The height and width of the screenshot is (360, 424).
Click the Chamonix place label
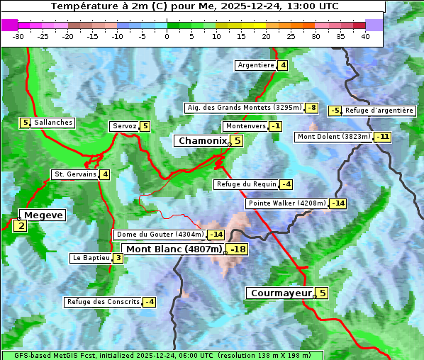tap(201, 141)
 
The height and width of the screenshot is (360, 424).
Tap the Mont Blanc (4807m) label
tap(174, 249)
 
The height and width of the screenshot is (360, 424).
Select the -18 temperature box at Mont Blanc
tap(238, 249)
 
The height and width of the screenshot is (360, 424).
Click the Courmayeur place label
tap(281, 293)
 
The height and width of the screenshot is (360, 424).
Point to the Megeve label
tap(43, 215)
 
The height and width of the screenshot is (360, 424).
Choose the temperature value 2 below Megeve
tap(21, 227)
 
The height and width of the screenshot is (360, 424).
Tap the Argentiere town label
tap(256, 65)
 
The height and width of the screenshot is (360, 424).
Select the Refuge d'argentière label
tap(379, 111)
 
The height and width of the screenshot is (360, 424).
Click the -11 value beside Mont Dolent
tap(383, 137)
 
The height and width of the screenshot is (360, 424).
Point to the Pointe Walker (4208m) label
tap(287, 203)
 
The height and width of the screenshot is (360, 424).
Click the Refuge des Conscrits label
tap(103, 302)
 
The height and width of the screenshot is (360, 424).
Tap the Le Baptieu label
tap(91, 258)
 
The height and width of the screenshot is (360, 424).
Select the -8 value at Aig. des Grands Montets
tap(312, 108)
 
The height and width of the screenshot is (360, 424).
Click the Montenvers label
tap(245, 126)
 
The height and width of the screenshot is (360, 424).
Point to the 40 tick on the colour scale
tap(365, 36)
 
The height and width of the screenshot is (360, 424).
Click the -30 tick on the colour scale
tap(18, 36)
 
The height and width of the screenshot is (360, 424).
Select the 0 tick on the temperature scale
tap(167, 36)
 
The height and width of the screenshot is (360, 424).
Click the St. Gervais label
tap(75, 174)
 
